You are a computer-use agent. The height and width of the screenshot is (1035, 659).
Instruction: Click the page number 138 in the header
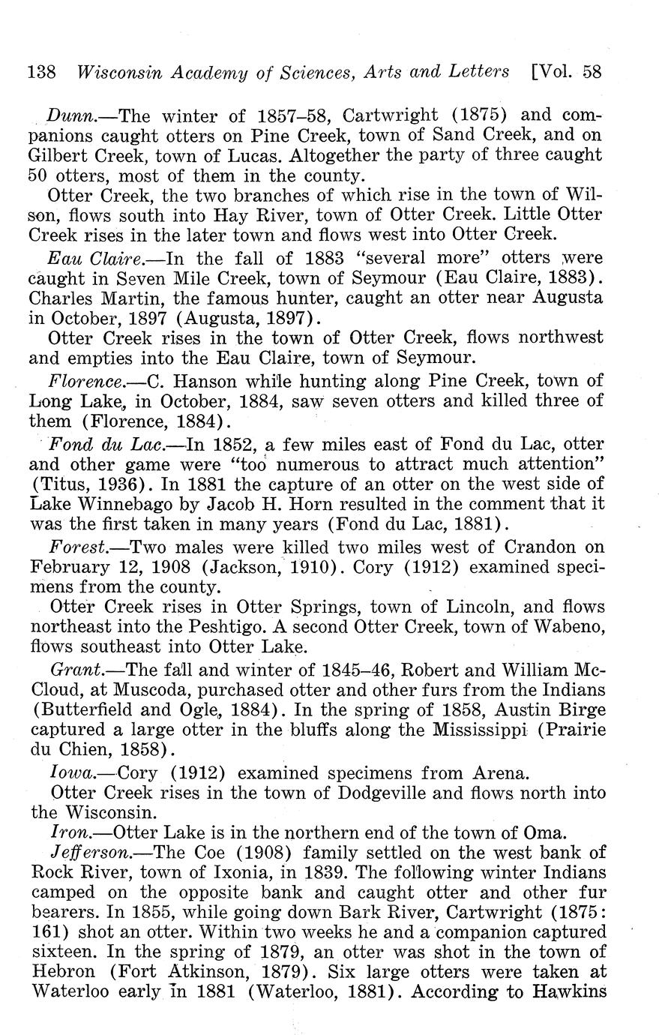pyautogui.click(x=42, y=72)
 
